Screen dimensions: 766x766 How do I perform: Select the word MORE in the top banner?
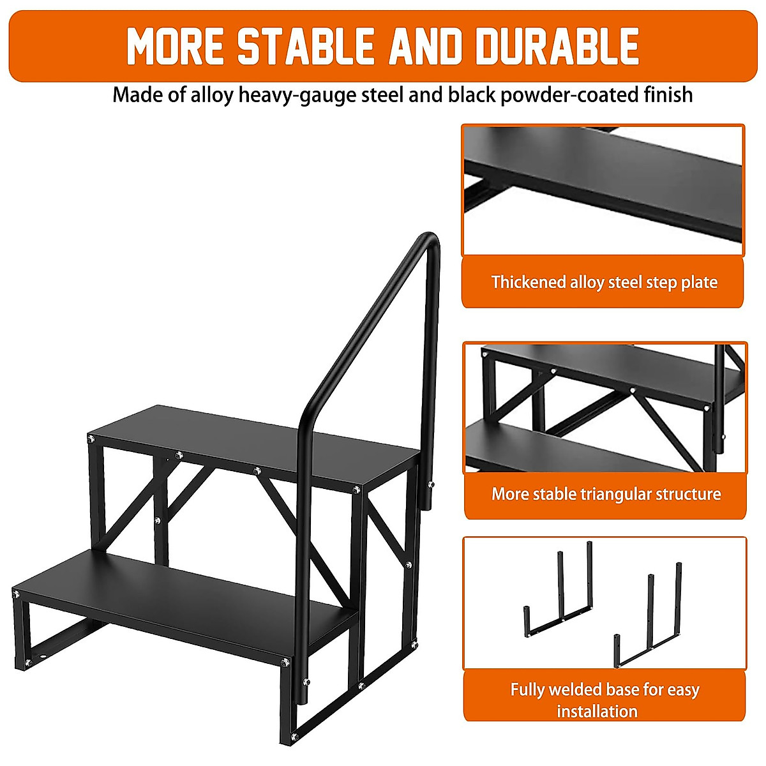(175, 46)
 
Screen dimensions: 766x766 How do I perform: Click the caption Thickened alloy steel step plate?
(604, 282)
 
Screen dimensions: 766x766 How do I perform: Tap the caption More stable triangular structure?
(606, 494)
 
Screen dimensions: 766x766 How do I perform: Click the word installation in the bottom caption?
(597, 711)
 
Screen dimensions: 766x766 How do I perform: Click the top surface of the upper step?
(255, 440)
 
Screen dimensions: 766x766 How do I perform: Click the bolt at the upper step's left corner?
(92, 439)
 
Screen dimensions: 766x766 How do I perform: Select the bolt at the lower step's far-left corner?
(16, 594)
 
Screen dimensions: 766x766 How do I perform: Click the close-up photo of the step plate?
(603, 190)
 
